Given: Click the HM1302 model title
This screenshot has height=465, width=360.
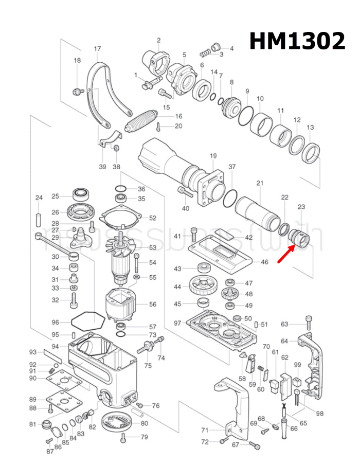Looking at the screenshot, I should pos(297,41).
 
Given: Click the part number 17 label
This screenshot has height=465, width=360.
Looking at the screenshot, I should pos(97,49).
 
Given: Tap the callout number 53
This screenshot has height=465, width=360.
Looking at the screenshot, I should pos(152,247).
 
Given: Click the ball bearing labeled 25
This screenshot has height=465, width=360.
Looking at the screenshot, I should pos(81,195).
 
